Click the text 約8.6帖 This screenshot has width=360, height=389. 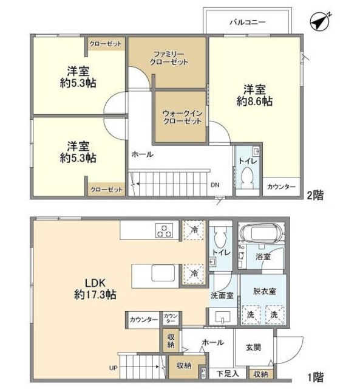(x=254, y=101)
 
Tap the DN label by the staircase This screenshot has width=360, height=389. (x=215, y=185)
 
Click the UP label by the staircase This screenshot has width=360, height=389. (x=114, y=368)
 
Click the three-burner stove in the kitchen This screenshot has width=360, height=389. (x=165, y=230)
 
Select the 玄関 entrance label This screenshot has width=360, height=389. (x=254, y=347)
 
